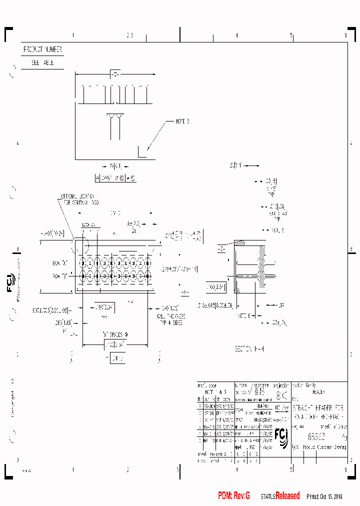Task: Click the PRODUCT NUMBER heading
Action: (42, 50)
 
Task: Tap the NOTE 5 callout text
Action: (182, 121)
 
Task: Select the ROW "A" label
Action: (59, 262)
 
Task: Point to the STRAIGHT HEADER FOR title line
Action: (318, 407)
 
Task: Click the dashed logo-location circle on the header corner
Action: (80, 246)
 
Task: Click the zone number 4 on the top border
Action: (236, 35)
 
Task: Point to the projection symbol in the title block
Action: (282, 396)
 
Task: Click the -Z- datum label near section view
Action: (222, 248)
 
